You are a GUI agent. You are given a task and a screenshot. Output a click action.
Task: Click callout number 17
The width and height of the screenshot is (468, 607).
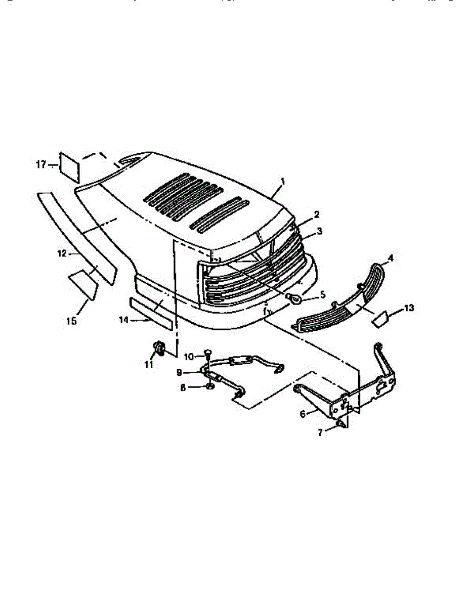click(41, 164)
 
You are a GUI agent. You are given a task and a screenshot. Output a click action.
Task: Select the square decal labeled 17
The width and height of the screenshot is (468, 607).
click(69, 166)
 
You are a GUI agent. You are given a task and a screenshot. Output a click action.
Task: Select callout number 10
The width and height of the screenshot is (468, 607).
click(188, 357)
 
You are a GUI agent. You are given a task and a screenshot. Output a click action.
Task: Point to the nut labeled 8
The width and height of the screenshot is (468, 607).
click(210, 387)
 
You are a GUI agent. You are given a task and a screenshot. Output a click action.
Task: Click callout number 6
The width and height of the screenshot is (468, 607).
click(303, 414)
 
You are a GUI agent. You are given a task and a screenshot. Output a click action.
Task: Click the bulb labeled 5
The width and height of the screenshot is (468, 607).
click(294, 298)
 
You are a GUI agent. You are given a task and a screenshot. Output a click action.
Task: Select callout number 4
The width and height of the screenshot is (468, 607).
click(390, 257)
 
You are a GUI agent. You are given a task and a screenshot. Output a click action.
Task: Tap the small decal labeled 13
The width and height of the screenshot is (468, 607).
click(379, 319)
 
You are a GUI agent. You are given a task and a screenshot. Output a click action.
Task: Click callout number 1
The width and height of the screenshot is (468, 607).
click(283, 181)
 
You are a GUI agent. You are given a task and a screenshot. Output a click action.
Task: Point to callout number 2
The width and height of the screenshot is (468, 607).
click(316, 214)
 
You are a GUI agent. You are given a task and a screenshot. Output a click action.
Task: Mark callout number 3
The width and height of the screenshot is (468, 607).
click(319, 231)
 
